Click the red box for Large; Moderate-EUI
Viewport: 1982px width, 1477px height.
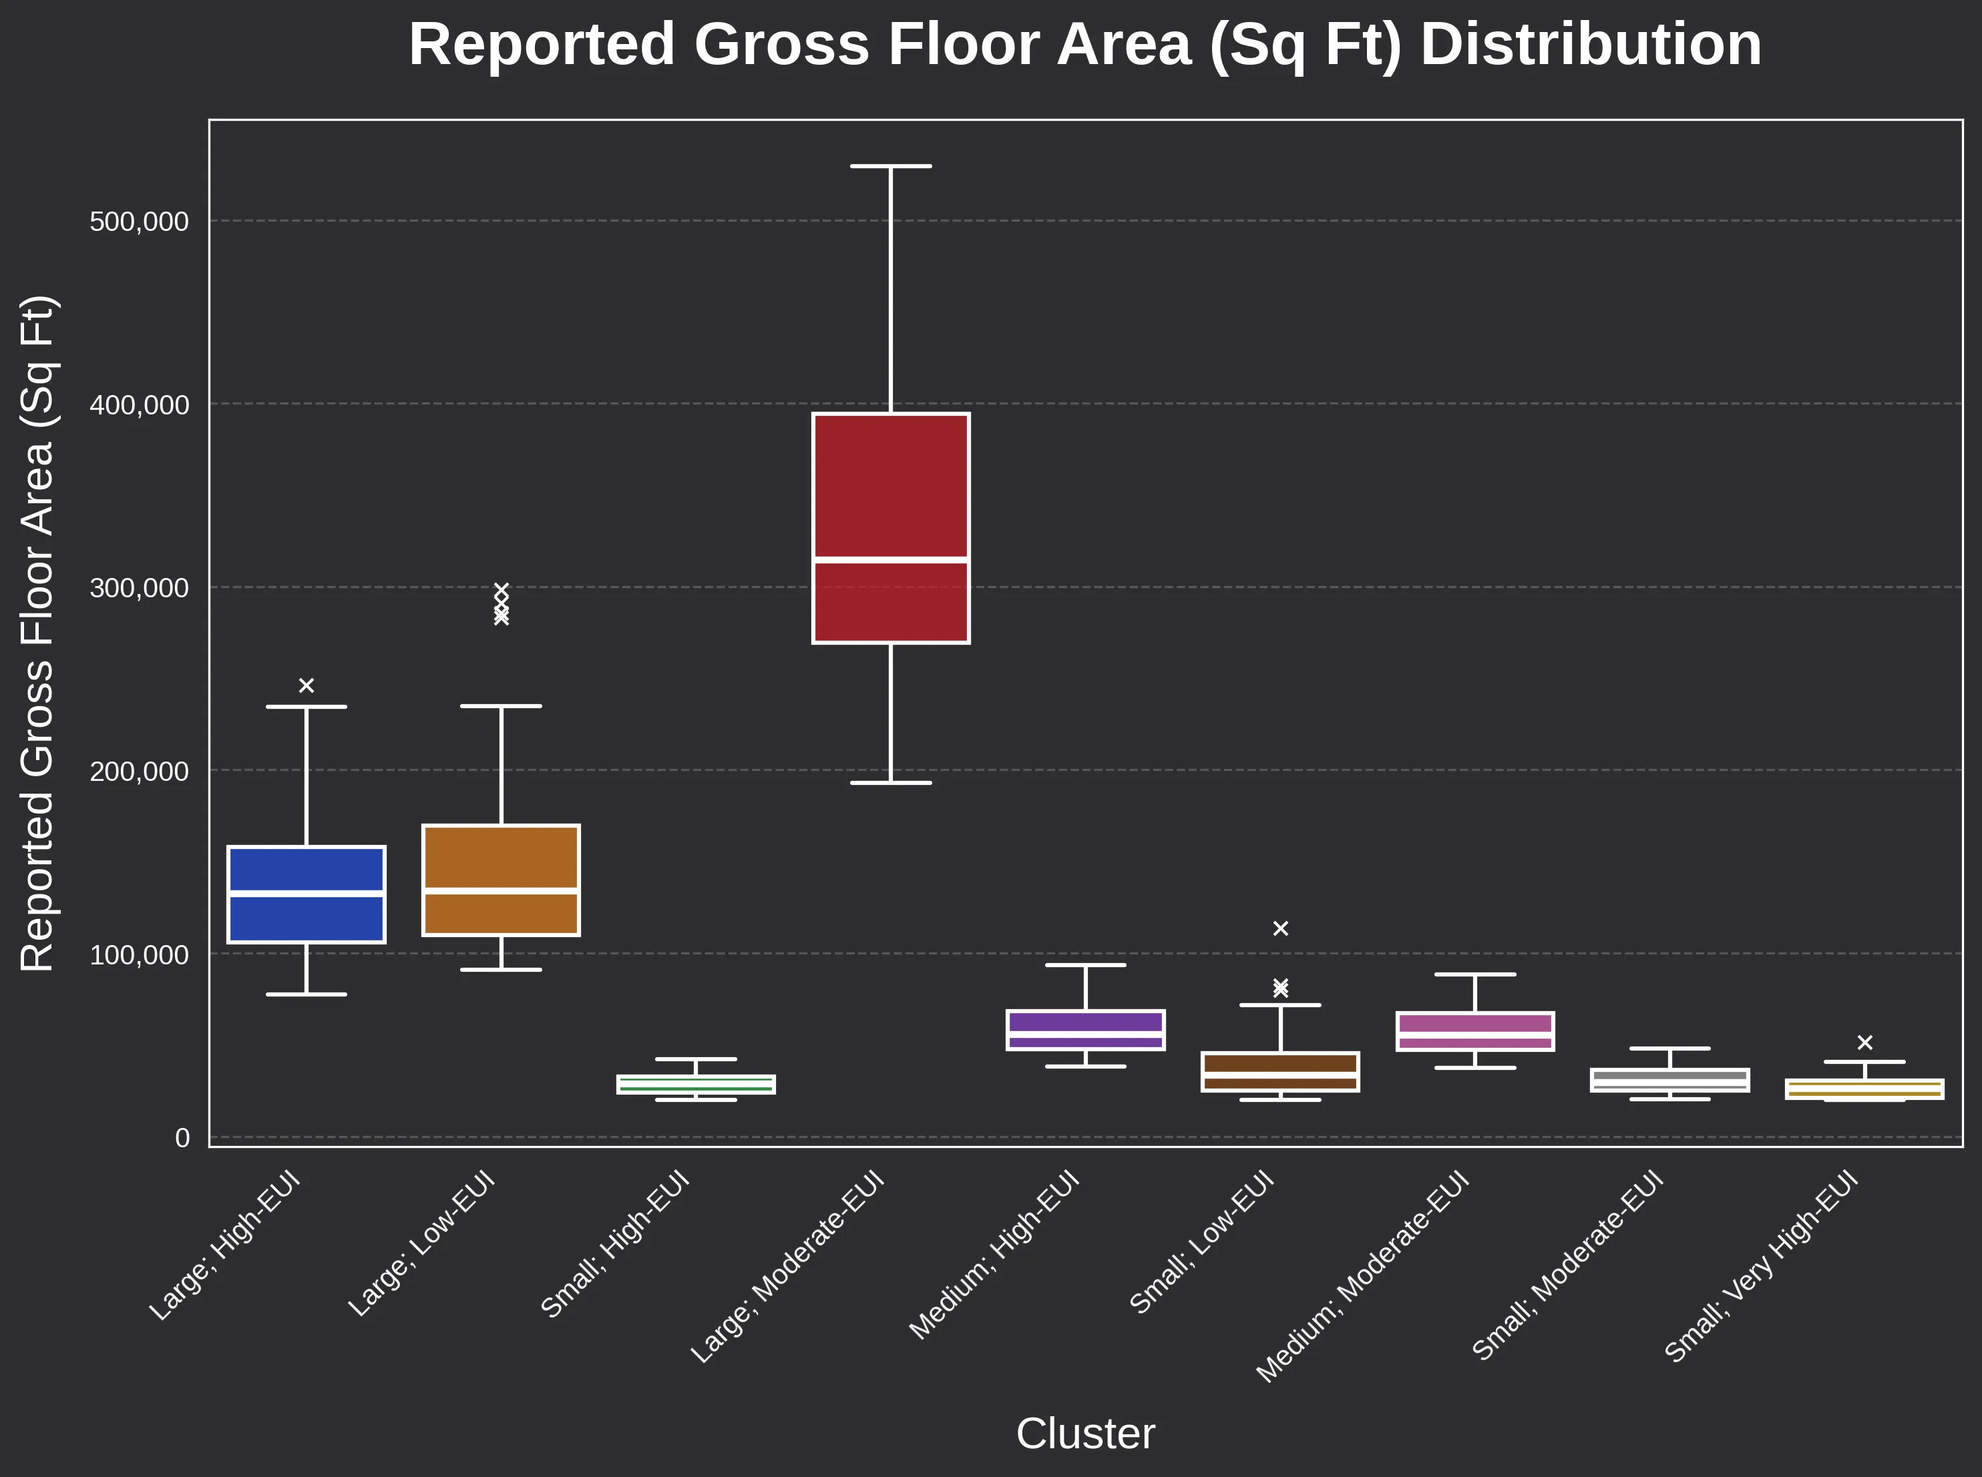point(890,483)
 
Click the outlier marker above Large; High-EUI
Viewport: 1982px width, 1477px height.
point(306,685)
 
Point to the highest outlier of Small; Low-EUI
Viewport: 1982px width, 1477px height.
point(1280,928)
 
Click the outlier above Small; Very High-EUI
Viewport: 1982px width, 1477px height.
point(1865,1043)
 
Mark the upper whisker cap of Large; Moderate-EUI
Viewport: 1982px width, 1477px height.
point(890,166)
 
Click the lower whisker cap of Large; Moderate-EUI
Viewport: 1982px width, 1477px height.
point(890,783)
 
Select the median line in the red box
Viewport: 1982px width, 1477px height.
point(890,560)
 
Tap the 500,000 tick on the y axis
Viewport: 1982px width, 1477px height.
point(140,222)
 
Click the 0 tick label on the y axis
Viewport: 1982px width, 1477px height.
point(182,1138)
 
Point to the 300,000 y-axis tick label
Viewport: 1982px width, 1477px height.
point(140,588)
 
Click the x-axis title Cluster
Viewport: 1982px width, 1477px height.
point(1085,1434)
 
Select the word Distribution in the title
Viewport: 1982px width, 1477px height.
point(1590,45)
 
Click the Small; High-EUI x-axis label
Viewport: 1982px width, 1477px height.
point(615,1245)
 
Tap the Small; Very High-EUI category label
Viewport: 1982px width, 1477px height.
point(1761,1268)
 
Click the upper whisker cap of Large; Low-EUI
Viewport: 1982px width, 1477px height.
point(501,706)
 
